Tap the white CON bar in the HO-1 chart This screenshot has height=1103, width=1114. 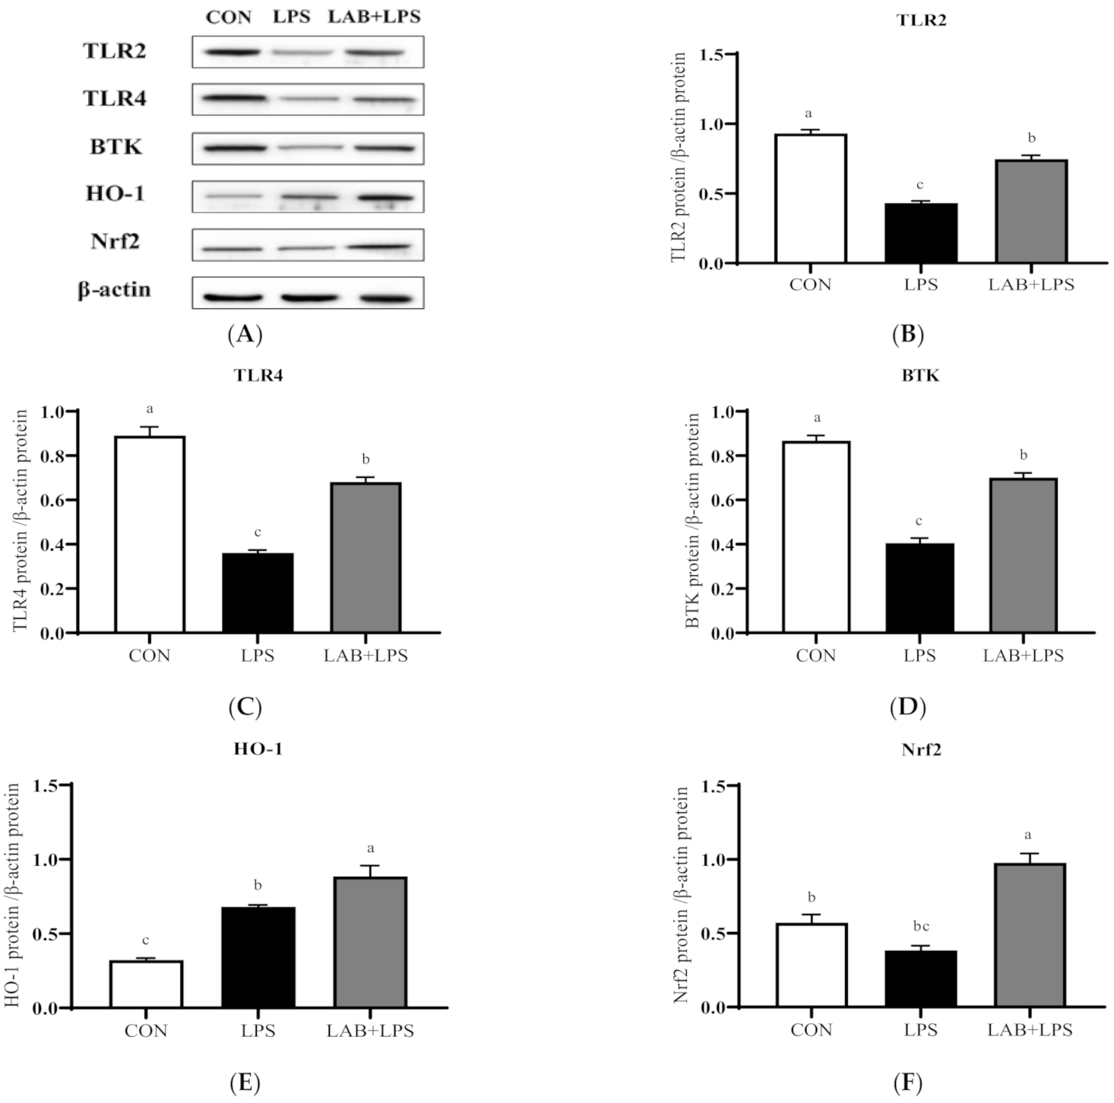tap(146, 984)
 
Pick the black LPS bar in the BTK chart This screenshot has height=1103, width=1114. tap(919, 588)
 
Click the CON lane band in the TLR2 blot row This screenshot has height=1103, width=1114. tap(229, 52)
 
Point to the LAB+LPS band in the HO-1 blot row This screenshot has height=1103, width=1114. tap(386, 198)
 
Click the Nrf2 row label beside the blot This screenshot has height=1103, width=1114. tap(116, 242)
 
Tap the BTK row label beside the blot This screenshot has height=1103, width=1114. tap(116, 146)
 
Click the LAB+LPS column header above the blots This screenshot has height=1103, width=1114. tap(374, 17)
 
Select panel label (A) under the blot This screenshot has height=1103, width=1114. tap(245, 334)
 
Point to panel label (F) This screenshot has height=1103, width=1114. tap(907, 1082)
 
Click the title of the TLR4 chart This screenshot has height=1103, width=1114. tap(259, 375)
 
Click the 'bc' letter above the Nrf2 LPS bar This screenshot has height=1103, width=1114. tap(921, 927)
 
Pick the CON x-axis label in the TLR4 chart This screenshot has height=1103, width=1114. tap(150, 656)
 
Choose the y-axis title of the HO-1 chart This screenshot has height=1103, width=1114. tap(15, 897)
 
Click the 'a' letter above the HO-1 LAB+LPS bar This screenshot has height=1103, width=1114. tap(370, 849)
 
